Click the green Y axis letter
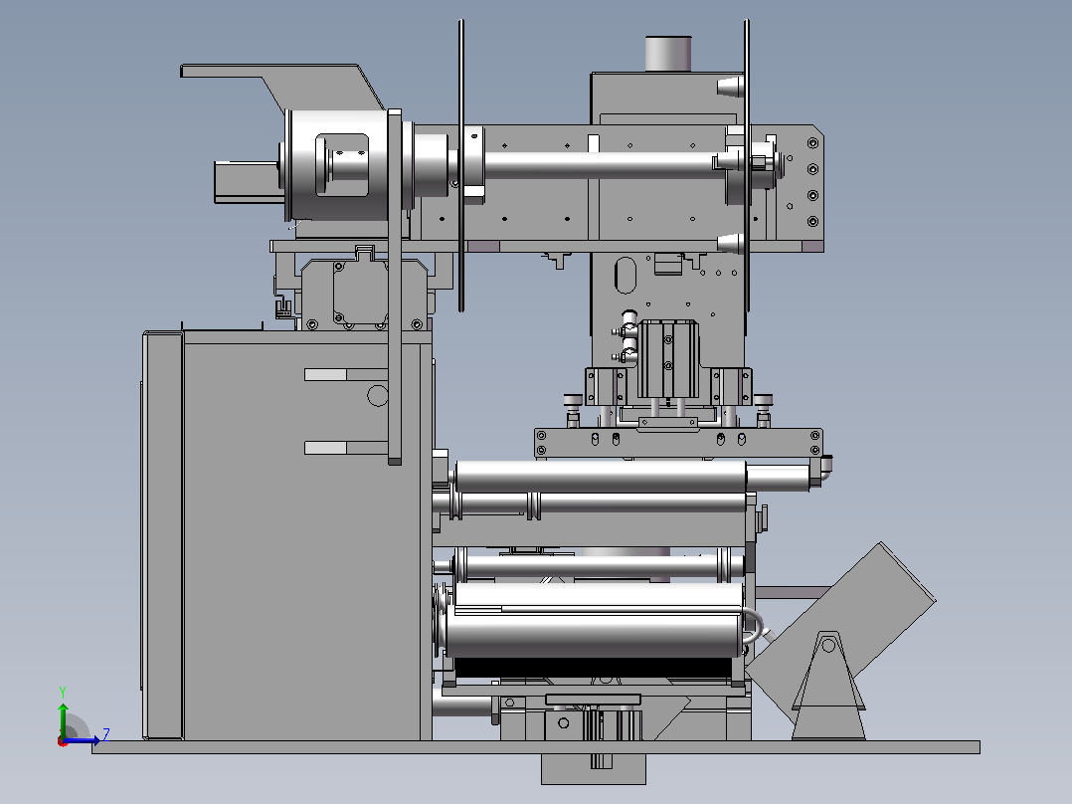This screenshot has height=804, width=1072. coord(63,692)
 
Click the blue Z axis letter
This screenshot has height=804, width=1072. coord(106,735)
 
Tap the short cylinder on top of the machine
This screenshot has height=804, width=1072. coord(668,54)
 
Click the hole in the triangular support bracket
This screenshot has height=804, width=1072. coord(828,645)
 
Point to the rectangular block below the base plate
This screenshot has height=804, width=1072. coord(594,769)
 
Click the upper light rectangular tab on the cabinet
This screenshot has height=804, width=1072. coord(325,374)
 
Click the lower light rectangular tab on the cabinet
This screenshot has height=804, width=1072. coord(325,448)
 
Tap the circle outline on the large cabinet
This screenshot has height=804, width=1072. coord(377,395)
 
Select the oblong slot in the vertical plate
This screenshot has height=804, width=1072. coord(625,275)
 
